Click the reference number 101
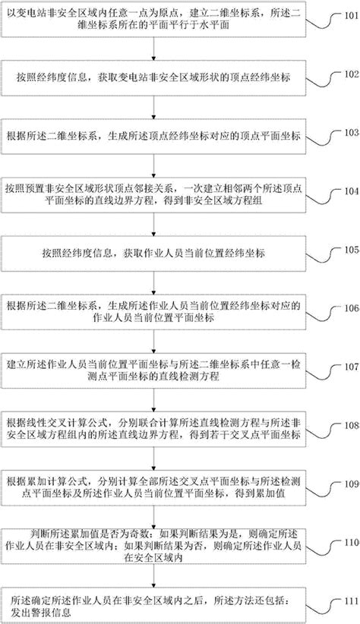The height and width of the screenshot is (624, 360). [x=352, y=16]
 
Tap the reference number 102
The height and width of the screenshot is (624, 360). [x=352, y=74]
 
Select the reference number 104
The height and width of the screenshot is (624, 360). [x=352, y=191]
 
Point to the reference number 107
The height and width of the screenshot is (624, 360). [x=352, y=367]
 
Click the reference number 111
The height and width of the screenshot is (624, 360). [x=352, y=601]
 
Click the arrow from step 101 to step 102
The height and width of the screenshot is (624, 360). [x=153, y=49]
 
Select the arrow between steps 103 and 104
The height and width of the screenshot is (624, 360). [x=153, y=165]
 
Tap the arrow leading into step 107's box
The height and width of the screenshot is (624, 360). [x=153, y=342]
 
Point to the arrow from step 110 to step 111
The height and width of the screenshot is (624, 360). [x=153, y=575]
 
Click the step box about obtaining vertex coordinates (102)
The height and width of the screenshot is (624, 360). [x=153, y=78]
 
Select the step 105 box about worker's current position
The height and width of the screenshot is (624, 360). [x=153, y=254]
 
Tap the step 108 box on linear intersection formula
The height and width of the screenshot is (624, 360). [x=153, y=429]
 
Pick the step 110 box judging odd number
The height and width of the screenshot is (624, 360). [x=153, y=547]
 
